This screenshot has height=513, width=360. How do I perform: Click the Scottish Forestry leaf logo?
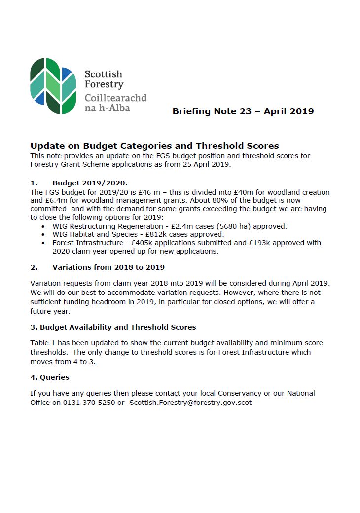tap(53, 86)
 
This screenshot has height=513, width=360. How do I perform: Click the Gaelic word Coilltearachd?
tap(115, 98)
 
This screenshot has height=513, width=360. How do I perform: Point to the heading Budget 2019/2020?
tap(90, 183)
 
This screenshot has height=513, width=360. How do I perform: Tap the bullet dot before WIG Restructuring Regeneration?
tap(43, 226)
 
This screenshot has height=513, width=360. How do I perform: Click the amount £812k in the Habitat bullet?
tap(156, 234)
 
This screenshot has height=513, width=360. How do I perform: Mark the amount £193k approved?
tap(276, 243)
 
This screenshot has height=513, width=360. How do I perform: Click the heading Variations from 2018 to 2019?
tap(108, 267)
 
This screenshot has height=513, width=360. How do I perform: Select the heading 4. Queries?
tap(50, 377)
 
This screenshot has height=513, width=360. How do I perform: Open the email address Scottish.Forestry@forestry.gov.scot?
tap(190, 402)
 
